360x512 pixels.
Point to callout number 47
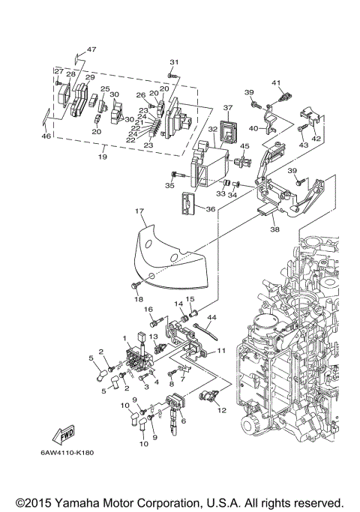click(91, 49)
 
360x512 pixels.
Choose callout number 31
click(174, 62)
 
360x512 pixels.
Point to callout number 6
click(182, 421)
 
